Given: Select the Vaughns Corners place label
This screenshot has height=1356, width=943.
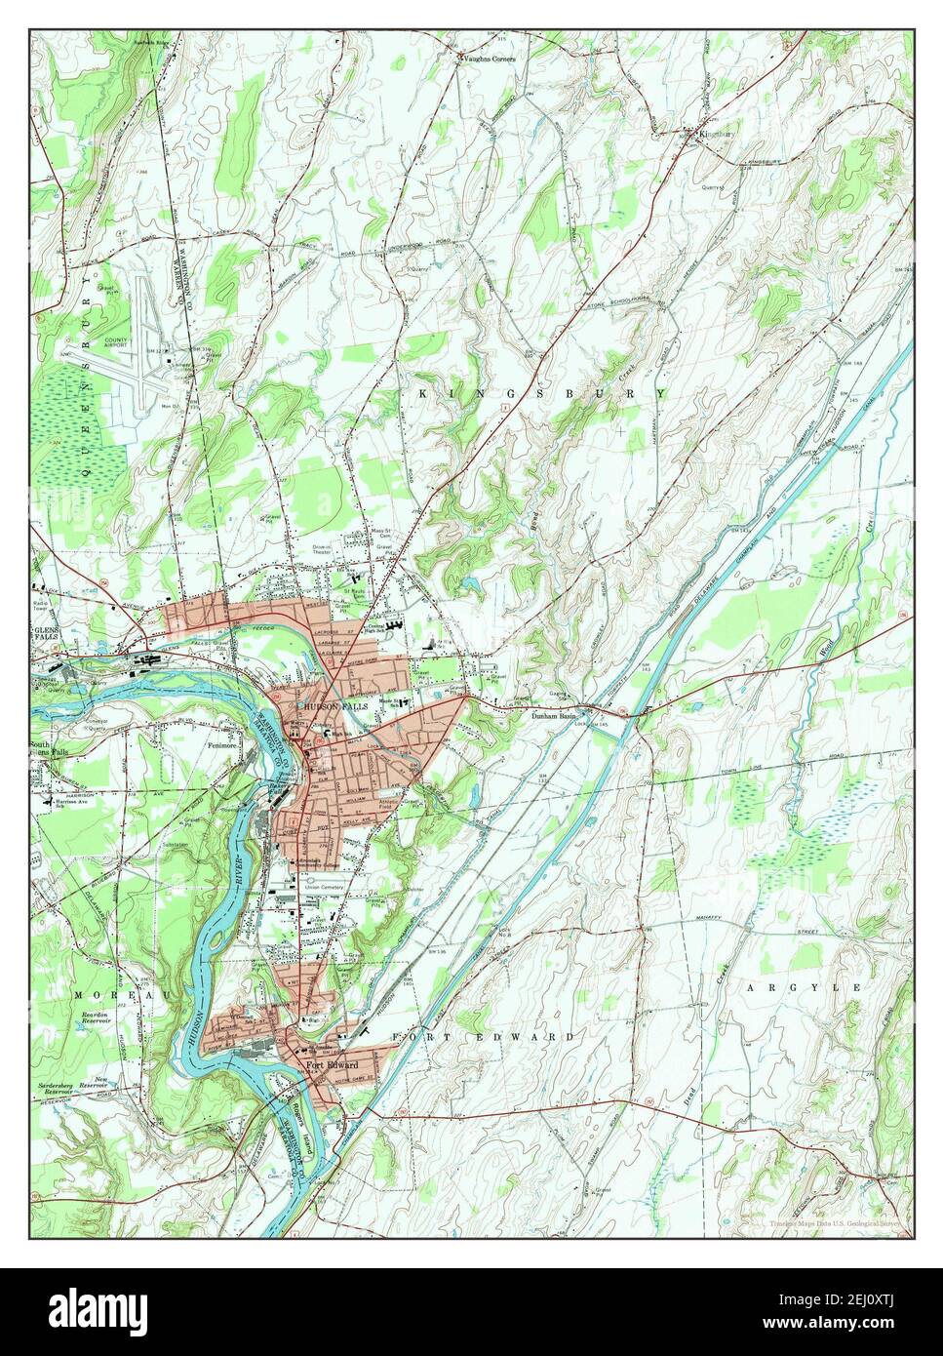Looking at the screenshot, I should (490, 59).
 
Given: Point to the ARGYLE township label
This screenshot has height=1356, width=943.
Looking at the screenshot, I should (805, 988).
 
